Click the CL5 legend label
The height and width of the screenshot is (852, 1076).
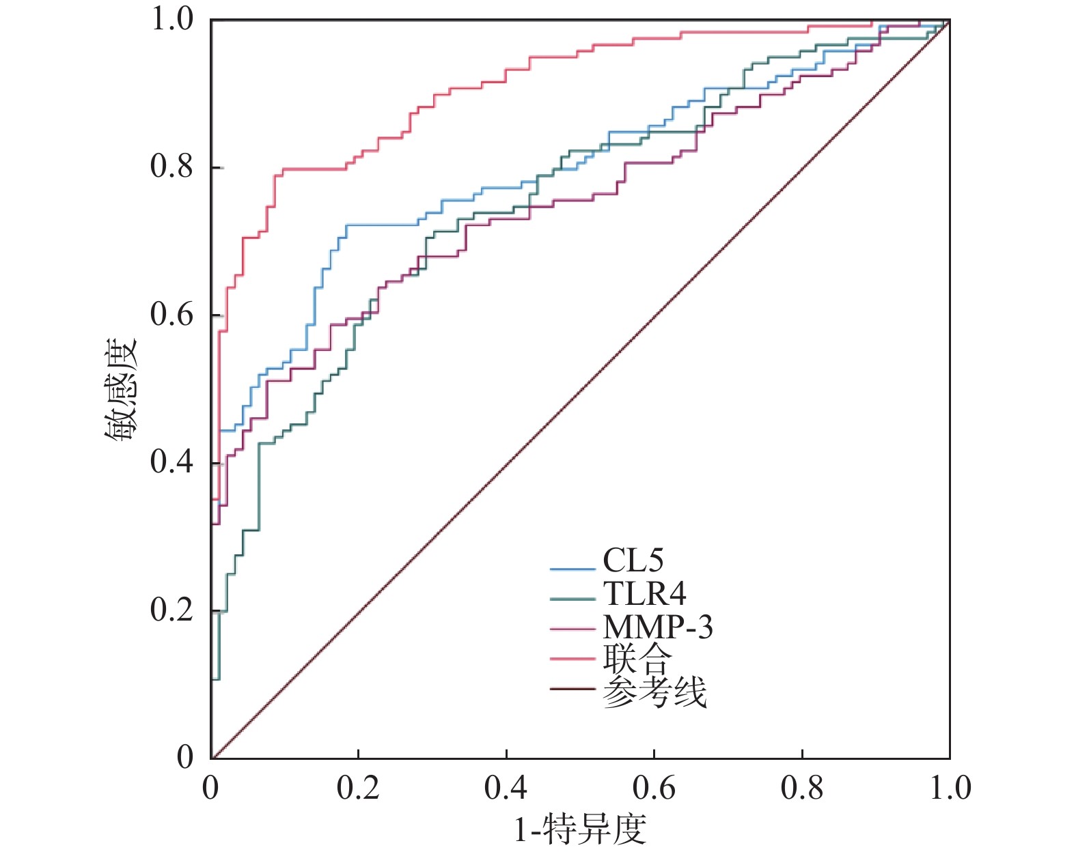click(x=633, y=560)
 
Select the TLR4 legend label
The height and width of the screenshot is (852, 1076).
click(x=644, y=593)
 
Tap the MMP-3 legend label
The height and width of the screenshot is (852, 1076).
click(x=657, y=626)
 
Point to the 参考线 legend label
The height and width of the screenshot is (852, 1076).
click(x=654, y=692)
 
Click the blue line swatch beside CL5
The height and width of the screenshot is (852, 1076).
click(x=573, y=568)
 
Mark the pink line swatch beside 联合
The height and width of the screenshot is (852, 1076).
click(x=573, y=658)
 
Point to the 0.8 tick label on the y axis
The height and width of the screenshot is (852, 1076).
click(x=171, y=167)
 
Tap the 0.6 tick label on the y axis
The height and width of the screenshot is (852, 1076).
click(x=171, y=315)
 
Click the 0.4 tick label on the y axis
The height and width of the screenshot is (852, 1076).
click(x=171, y=462)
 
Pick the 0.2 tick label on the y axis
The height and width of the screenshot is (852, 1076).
click(x=171, y=610)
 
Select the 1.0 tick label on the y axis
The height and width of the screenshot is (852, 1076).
click(x=171, y=20)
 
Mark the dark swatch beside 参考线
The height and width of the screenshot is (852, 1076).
click(x=573, y=690)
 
